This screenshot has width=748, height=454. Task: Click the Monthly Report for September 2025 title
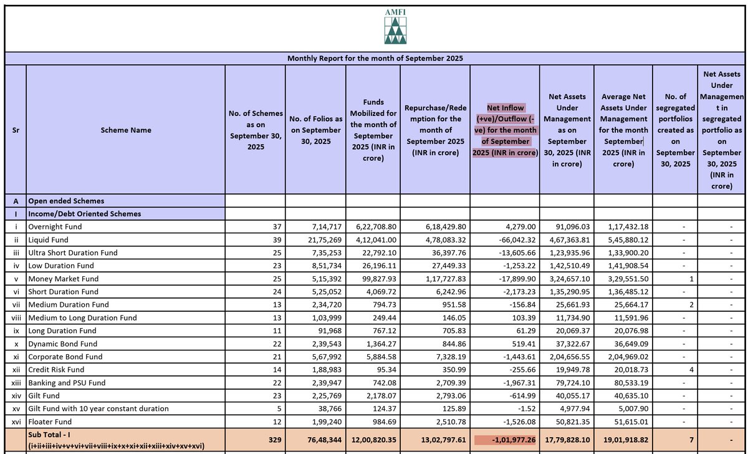coord(375,58)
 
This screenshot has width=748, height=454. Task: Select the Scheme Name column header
coord(125,130)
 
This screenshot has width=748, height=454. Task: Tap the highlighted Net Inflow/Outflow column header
coord(505,130)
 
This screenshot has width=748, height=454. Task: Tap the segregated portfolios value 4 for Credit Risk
coord(691,370)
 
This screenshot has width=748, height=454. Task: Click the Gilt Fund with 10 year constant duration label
coord(98,408)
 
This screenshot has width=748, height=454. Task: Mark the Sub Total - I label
coord(50,433)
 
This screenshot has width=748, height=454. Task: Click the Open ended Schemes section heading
coord(66,201)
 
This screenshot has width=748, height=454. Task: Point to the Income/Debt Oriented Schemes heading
coord(84,214)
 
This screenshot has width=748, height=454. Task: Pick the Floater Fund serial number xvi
coord(16,422)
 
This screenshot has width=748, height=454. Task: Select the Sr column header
coord(16,130)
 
